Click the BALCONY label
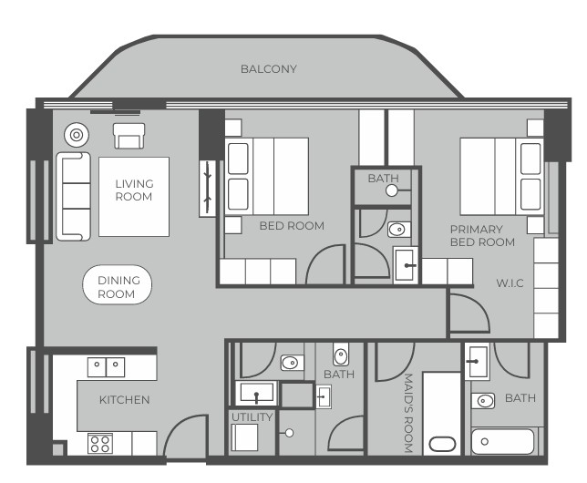pos(268,69)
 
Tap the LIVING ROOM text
pos(134,190)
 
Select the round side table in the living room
pos(77,135)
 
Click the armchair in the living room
pos(129,136)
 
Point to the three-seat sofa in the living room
pos(73,196)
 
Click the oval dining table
pos(117,284)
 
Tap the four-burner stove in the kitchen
pos(100,443)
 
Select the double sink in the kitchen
pos(106,367)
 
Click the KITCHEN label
pos(124,400)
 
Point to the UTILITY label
pos(252,417)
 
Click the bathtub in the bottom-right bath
pos(502,442)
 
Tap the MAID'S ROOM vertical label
pos(408,413)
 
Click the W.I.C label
pos(510,283)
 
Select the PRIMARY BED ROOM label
pos(482,236)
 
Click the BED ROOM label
pos(292,226)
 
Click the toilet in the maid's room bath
pos(483,401)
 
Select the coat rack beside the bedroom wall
pos(208,189)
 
